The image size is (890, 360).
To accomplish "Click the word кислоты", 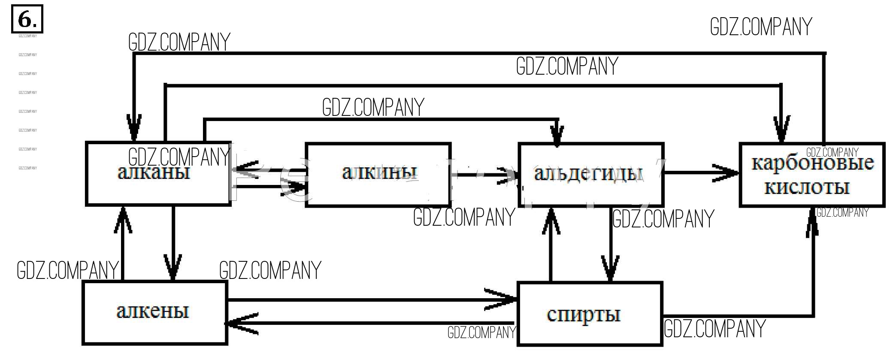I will tap(807, 188).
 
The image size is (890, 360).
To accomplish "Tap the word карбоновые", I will tap(812, 163).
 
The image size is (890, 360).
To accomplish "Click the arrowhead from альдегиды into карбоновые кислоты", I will tap(727, 173).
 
